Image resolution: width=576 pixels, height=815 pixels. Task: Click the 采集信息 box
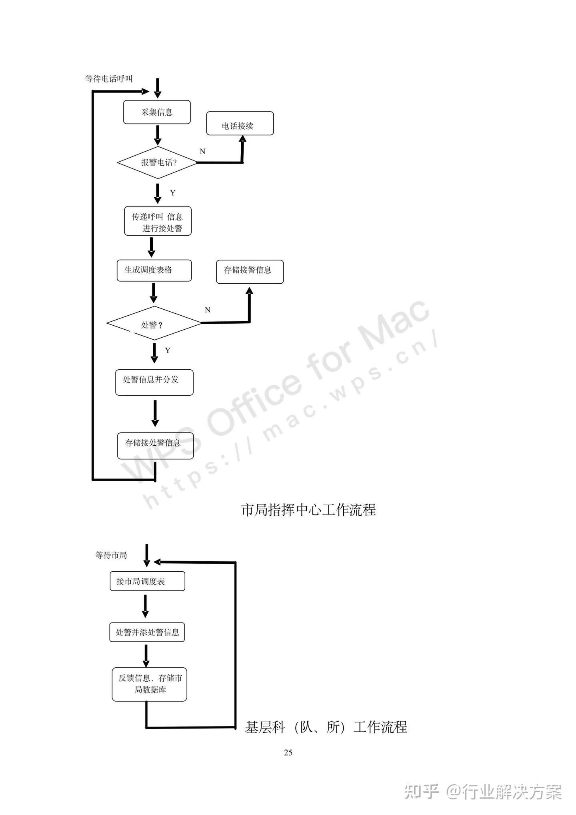156,112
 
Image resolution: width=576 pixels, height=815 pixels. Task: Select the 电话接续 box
240,124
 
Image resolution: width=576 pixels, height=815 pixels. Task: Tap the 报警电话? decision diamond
158,162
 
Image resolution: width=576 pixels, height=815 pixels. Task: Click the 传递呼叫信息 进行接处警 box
158,221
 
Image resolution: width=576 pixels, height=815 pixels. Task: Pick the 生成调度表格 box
154,270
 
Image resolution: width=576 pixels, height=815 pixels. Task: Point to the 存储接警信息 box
250,272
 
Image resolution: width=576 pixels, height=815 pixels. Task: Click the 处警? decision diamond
154,323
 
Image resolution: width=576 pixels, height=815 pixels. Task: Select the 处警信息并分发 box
154,382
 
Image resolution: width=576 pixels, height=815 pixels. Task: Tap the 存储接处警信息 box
155,445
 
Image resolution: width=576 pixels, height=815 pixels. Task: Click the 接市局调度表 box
147,581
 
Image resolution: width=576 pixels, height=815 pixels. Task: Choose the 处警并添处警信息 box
147,632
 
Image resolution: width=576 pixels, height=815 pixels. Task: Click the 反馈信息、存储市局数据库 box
149,684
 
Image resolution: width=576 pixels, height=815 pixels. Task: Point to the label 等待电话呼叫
109,79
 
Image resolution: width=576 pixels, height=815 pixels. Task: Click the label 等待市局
111,555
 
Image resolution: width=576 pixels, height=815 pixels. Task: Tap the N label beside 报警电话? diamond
202,152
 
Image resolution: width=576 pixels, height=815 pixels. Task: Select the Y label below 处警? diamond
168,350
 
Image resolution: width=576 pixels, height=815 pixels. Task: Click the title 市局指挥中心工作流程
308,510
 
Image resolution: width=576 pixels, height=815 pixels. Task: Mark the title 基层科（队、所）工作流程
326,727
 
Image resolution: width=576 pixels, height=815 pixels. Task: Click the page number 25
288,753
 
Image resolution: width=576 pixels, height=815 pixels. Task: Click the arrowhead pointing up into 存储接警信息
249,290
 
